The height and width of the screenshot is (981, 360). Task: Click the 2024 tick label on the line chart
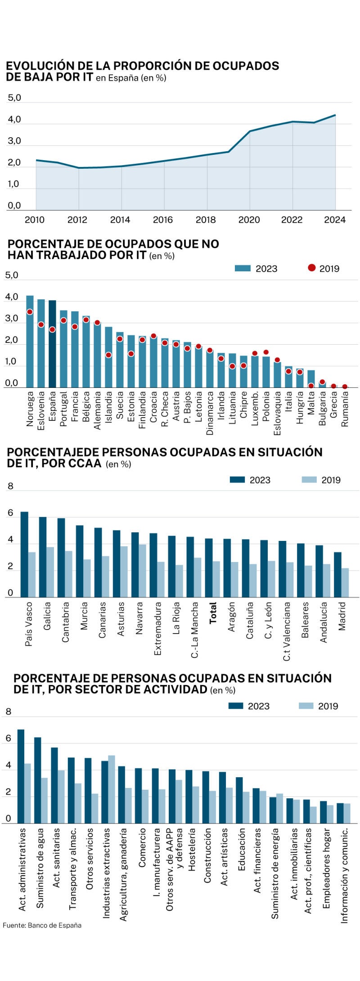pyautogui.click(x=334, y=220)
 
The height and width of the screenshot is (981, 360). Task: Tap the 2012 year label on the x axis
pyautogui.click(x=77, y=220)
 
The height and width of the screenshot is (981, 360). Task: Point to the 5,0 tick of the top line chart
pyautogui.click(x=14, y=98)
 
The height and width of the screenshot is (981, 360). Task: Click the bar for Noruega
pyautogui.click(x=30, y=341)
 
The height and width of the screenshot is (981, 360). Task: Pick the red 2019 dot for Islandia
pyautogui.click(x=108, y=355)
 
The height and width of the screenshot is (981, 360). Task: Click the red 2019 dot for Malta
pyautogui.click(x=311, y=386)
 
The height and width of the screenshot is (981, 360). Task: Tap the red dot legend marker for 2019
pyautogui.click(x=311, y=268)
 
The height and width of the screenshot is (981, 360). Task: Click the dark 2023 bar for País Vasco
pyautogui.click(x=24, y=554)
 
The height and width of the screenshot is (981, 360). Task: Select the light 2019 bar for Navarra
pyautogui.click(x=142, y=571)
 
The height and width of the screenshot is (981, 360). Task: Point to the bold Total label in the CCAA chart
pyautogui.click(x=213, y=612)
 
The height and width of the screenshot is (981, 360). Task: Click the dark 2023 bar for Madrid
pyautogui.click(x=337, y=574)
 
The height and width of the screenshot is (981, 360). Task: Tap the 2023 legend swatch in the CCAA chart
pyautogui.click(x=237, y=480)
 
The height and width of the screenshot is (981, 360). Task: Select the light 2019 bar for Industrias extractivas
pyautogui.click(x=112, y=789)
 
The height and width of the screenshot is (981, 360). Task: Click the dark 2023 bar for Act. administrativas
pyautogui.click(x=21, y=776)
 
